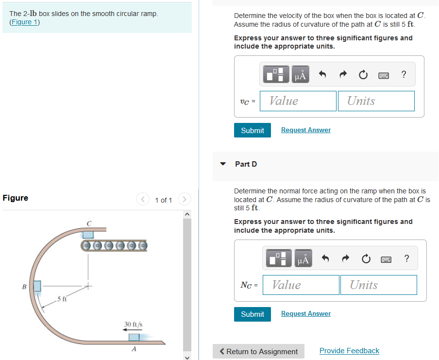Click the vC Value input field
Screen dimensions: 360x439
point(298,101)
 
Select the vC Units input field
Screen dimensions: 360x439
point(376,101)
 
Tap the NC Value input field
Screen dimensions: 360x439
point(301,285)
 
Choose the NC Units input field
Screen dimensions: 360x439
point(379,285)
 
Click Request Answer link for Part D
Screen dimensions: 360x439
point(305,314)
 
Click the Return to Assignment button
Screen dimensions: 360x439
point(258,351)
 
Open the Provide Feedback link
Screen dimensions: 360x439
point(349,351)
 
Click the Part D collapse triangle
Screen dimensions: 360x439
point(223,164)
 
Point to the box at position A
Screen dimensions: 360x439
point(134,337)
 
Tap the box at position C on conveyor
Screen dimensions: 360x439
point(88,235)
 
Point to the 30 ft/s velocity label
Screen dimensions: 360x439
point(133,324)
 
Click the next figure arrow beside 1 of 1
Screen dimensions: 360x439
point(184,200)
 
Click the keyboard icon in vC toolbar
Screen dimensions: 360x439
point(383,75)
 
